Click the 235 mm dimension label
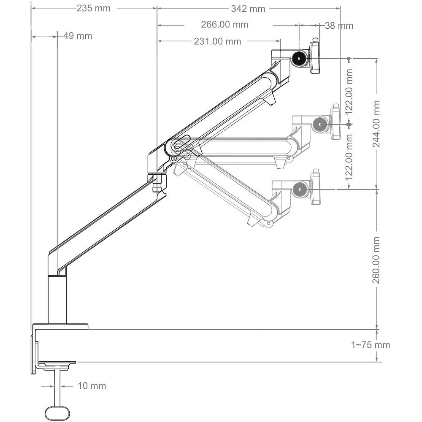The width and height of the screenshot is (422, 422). click(93, 8)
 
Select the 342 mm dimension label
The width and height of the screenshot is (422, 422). click(248, 8)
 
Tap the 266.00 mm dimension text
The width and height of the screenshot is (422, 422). click(225, 24)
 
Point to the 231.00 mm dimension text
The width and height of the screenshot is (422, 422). click(217, 41)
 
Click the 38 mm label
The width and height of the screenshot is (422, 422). click(339, 26)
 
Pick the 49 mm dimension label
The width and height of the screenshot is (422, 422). click(78, 36)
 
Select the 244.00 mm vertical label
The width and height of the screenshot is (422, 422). click(376, 124)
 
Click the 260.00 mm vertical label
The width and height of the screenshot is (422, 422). click(376, 260)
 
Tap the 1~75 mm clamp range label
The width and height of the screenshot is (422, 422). click(371, 345)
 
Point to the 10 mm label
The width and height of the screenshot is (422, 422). click(92, 386)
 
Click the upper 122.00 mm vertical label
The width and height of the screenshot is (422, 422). click(349, 92)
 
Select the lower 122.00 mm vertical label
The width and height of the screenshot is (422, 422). click(349, 157)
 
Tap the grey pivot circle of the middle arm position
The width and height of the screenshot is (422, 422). click(319, 124)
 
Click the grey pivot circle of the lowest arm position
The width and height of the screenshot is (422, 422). click(299, 189)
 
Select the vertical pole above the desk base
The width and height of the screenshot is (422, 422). click(57, 300)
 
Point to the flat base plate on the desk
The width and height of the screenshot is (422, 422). click(60, 327)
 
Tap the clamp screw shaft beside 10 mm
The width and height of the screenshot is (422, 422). click(57, 387)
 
